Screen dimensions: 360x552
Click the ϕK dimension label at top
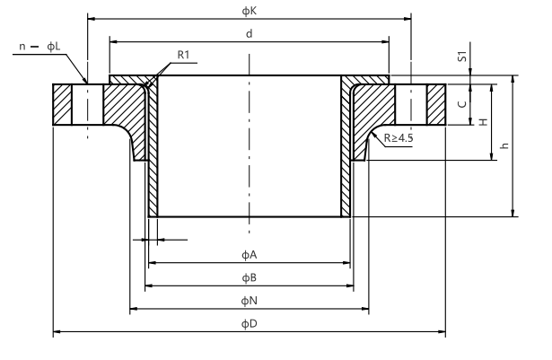click(249, 9)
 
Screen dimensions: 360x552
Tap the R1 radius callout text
click(184, 55)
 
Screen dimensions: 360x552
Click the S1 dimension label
click(461, 57)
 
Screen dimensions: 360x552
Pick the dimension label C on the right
click(461, 104)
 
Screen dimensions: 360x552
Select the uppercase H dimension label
click(482, 121)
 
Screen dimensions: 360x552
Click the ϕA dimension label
click(249, 254)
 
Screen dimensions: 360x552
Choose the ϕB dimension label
click(249, 277)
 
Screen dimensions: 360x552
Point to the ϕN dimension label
click(249, 300)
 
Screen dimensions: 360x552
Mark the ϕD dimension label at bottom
click(249, 323)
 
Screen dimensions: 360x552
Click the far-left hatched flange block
click(62, 105)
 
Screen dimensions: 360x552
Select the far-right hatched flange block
click(436, 105)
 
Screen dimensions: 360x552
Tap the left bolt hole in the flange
click(88, 105)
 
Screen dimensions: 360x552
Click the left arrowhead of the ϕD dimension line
click(57, 333)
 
